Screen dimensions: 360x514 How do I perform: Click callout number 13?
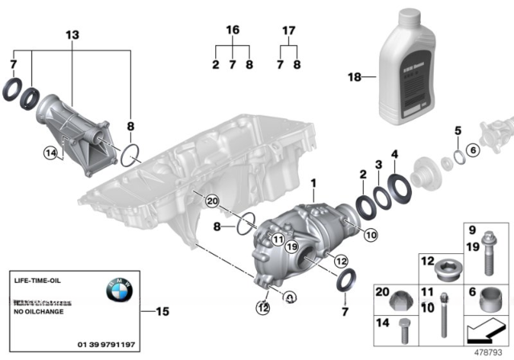pos(73,35)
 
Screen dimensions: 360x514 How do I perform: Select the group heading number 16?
pos(232,31)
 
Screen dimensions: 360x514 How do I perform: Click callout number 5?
pos(457,130)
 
